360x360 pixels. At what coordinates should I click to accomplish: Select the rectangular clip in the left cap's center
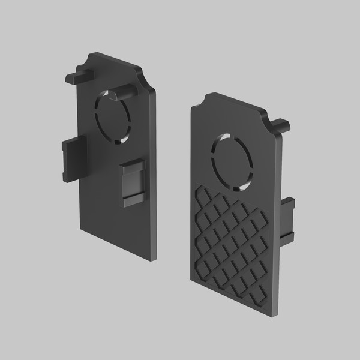tap(133, 184)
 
